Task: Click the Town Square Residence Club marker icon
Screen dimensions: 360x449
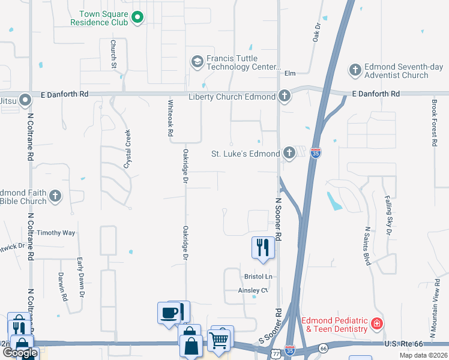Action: pos(137,17)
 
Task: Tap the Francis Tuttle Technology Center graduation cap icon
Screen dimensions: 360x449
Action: pos(197,61)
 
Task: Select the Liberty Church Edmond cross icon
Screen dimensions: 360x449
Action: pos(284,96)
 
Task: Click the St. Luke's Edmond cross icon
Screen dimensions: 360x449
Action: pos(289,152)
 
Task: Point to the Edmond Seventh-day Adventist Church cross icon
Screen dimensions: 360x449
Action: pos(355,70)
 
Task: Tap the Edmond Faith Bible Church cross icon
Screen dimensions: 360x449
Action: pos(55,196)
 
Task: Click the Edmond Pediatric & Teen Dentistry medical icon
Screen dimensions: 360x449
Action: pos(376,325)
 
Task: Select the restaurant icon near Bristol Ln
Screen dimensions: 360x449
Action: pos(262,247)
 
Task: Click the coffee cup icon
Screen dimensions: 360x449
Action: pos(168,312)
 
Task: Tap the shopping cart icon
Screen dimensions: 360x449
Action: pos(218,340)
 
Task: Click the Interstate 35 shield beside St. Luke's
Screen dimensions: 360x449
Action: pos(316,154)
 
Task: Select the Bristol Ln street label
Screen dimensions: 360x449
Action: pos(258,277)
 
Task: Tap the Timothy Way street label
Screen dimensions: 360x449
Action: pos(56,233)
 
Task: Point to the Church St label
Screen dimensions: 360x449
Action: pos(112,53)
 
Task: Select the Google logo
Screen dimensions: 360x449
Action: pos(20,352)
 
